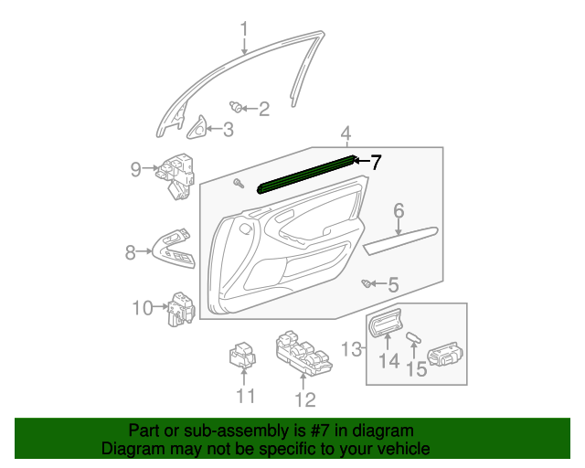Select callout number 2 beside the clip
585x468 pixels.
click(x=264, y=110)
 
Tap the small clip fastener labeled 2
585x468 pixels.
click(x=238, y=107)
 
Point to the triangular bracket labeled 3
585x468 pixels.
click(x=197, y=129)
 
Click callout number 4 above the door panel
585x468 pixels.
click(x=346, y=134)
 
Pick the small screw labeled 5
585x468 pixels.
click(x=369, y=284)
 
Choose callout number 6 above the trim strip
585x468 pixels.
click(x=399, y=213)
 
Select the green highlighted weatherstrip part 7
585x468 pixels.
click(x=306, y=173)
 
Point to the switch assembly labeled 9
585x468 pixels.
click(x=177, y=174)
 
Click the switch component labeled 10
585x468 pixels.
click(x=180, y=308)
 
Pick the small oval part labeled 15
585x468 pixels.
click(x=414, y=337)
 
